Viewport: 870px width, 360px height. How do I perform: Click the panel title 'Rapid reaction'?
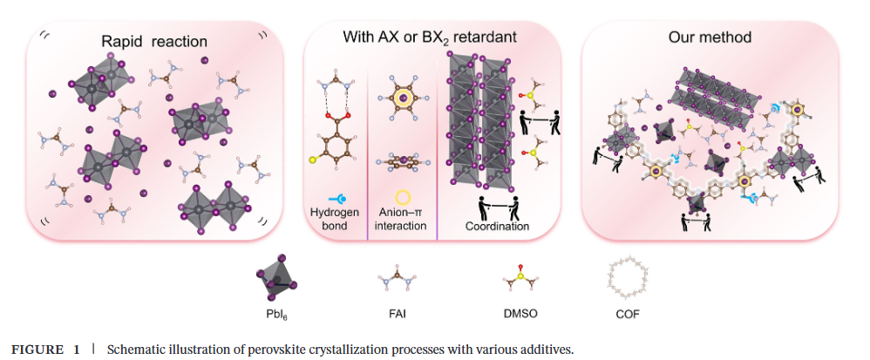154,40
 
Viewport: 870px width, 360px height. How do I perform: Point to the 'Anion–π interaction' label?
402,219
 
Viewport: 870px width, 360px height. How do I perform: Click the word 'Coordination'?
497,226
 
